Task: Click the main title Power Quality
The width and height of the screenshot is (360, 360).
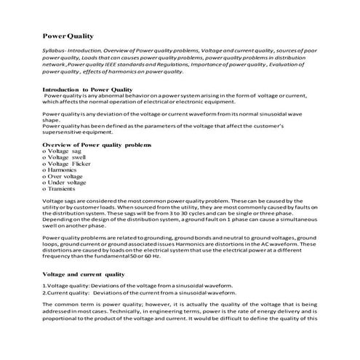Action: click(68, 35)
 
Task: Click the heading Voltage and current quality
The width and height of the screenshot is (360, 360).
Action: click(84, 274)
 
